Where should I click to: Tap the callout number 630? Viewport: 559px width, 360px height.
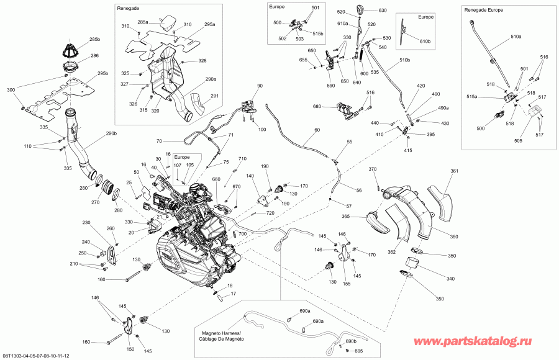pyautogui.click(x=382, y=11)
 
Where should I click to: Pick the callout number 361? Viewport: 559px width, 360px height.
pyautogui.click(x=454, y=171)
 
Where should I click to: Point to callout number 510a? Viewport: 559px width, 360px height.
pyautogui.click(x=517, y=37)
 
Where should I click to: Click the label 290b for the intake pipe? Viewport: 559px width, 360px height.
pyautogui.click(x=111, y=134)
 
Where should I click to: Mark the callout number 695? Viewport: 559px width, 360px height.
pyautogui.click(x=358, y=351)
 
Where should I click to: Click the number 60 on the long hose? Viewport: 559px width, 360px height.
pyautogui.click(x=317, y=130)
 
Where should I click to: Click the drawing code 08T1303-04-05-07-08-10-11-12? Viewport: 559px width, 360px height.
pyautogui.click(x=36, y=356)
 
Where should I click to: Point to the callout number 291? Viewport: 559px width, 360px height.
pyautogui.click(x=214, y=96)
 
